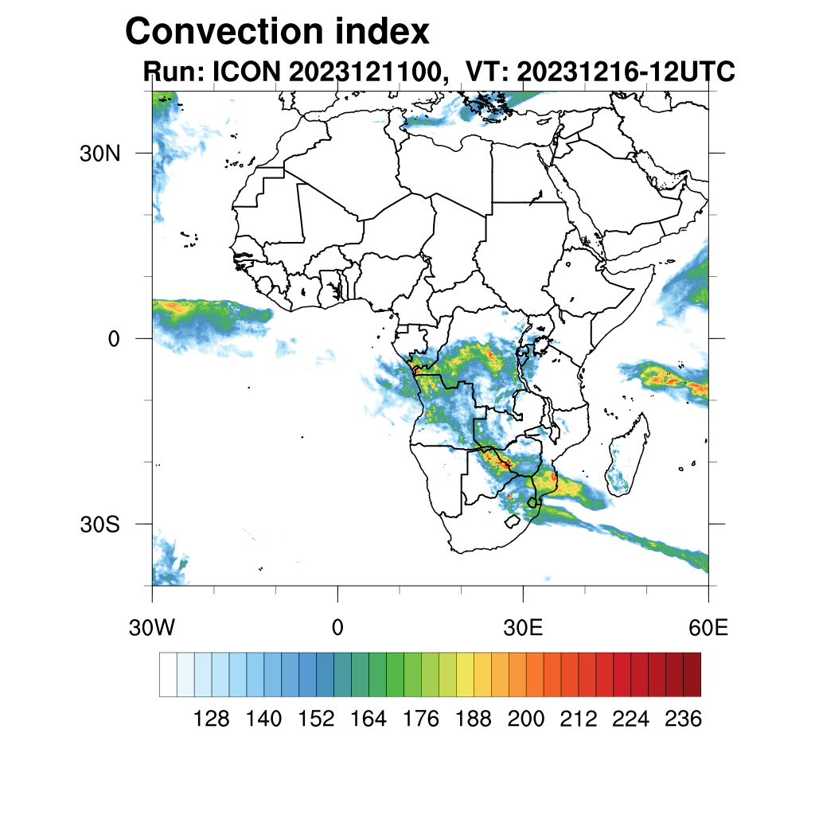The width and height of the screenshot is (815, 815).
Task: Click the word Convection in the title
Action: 219,32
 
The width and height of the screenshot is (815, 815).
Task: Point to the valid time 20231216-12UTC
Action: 626,72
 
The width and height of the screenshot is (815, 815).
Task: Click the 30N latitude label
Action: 99,153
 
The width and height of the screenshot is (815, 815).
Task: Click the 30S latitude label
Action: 99,524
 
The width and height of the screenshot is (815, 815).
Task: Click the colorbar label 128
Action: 212,719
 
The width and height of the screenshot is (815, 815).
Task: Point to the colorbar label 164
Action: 369,719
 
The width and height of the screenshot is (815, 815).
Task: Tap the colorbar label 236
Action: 683,719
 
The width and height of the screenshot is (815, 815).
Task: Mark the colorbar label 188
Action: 474,719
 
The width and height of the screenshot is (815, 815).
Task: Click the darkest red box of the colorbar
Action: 692,674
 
